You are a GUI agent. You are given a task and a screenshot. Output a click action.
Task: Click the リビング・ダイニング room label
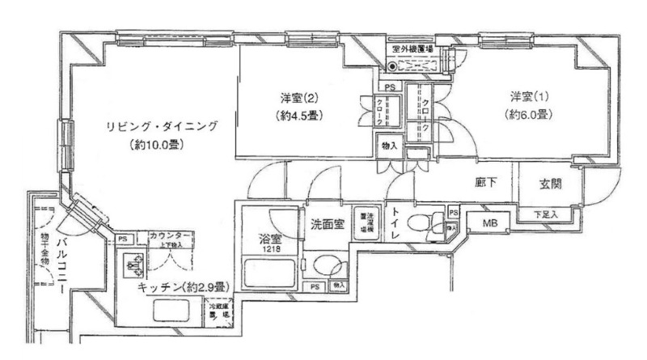coord(163,126)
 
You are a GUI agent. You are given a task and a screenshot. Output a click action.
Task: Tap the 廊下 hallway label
coord(486,184)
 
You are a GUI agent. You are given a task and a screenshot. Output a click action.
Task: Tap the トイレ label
coord(394,223)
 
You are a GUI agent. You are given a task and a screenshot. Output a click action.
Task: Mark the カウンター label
coord(170,235)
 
